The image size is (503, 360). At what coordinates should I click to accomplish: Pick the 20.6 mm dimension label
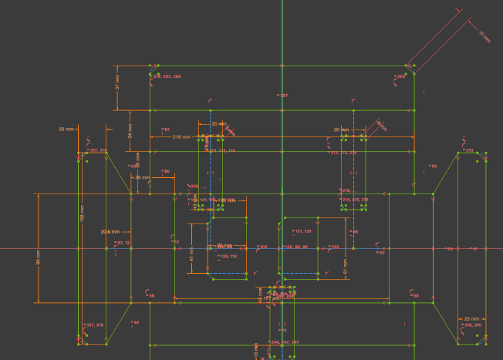110,230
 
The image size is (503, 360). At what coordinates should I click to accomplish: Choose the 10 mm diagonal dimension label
484,34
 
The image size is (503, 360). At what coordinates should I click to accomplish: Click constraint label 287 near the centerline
283,95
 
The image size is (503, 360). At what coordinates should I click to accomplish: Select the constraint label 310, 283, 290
167,77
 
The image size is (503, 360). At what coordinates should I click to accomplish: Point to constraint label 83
434,166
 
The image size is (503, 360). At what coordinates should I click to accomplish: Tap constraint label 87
166,129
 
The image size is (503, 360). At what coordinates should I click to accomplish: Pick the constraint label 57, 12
123,244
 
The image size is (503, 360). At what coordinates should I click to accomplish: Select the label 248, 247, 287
284,341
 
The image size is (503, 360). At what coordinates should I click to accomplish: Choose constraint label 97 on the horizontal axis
474,249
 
